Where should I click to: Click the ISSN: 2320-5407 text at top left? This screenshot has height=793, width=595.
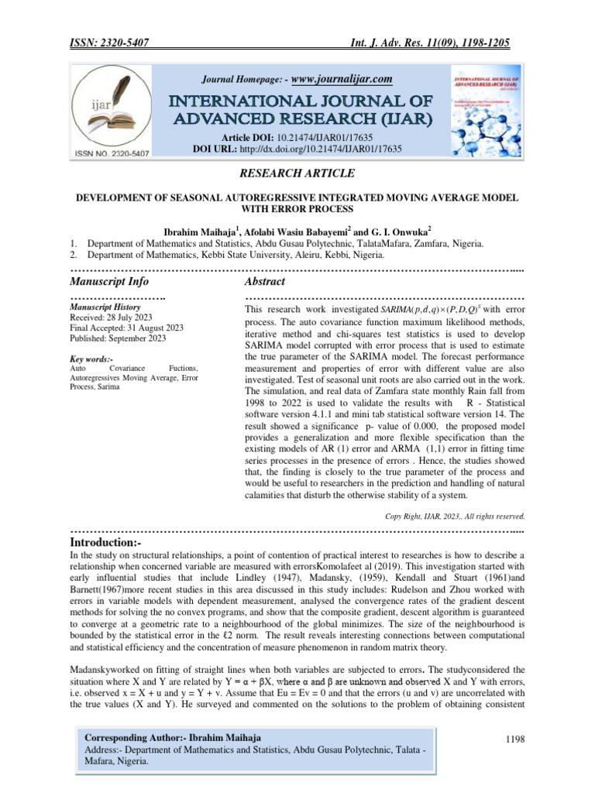pyautogui.click(x=115, y=44)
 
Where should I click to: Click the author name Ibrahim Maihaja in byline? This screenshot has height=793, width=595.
pyautogui.click(x=198, y=230)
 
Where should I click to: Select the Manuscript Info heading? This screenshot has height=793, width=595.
pyautogui.click(x=109, y=281)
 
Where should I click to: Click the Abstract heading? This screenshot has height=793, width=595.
pyautogui.click(x=265, y=281)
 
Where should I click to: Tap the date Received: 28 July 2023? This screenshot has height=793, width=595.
pyautogui.click(x=111, y=318)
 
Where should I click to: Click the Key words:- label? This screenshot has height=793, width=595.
pyautogui.click(x=91, y=360)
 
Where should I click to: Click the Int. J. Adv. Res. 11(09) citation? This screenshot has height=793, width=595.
pyautogui.click(x=438, y=44)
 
